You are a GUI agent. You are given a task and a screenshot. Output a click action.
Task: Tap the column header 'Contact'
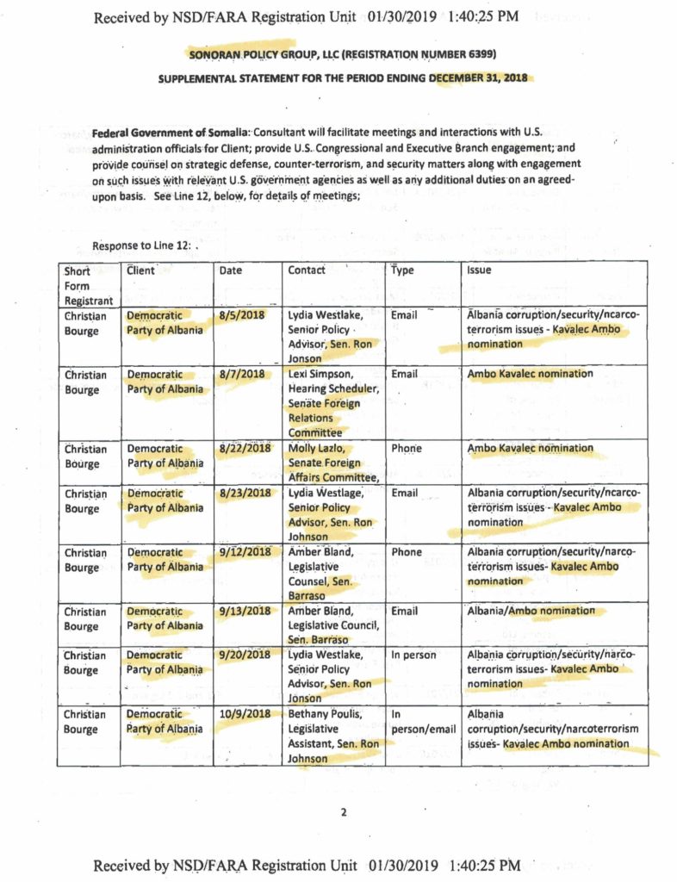(x=307, y=270)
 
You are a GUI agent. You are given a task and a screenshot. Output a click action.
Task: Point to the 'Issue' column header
(x=479, y=270)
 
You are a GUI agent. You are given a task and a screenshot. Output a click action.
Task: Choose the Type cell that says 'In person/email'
(x=423, y=722)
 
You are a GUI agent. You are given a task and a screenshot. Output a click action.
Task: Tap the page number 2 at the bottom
(x=342, y=811)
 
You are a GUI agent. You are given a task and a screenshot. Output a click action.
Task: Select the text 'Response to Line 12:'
(x=143, y=245)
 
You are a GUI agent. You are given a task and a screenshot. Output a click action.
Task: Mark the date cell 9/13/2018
(x=245, y=612)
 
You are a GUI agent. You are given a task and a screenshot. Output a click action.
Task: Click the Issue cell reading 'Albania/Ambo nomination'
(x=531, y=612)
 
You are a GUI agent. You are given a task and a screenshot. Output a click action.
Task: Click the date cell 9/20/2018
(x=245, y=655)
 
